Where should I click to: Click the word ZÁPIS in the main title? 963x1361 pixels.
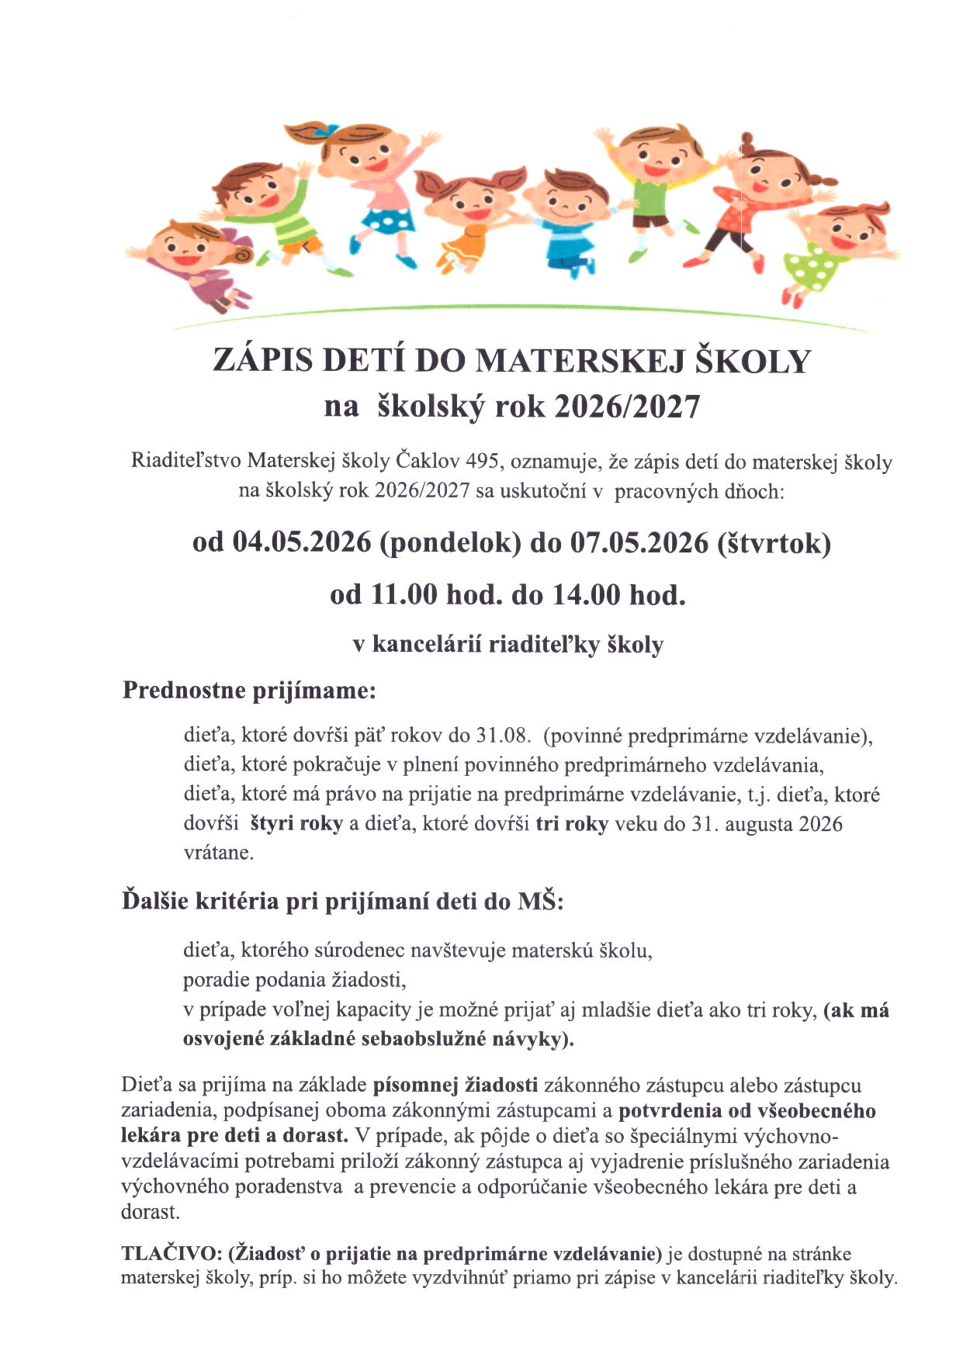(x=262, y=362)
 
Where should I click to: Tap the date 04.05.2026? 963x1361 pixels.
(x=302, y=542)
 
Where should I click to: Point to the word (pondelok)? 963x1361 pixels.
(x=450, y=543)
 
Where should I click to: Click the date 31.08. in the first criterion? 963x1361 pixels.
(x=504, y=736)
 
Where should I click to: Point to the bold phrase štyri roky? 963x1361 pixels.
(x=296, y=823)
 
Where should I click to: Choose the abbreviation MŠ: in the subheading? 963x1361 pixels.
(x=541, y=901)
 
